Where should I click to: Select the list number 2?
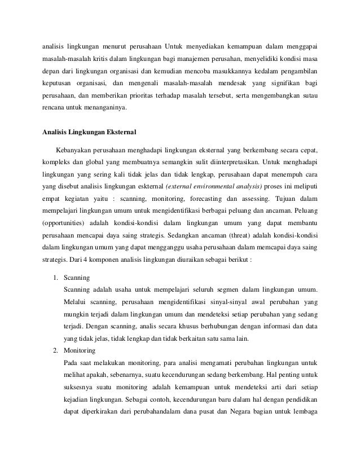pyautogui.click(x=55, y=350)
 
